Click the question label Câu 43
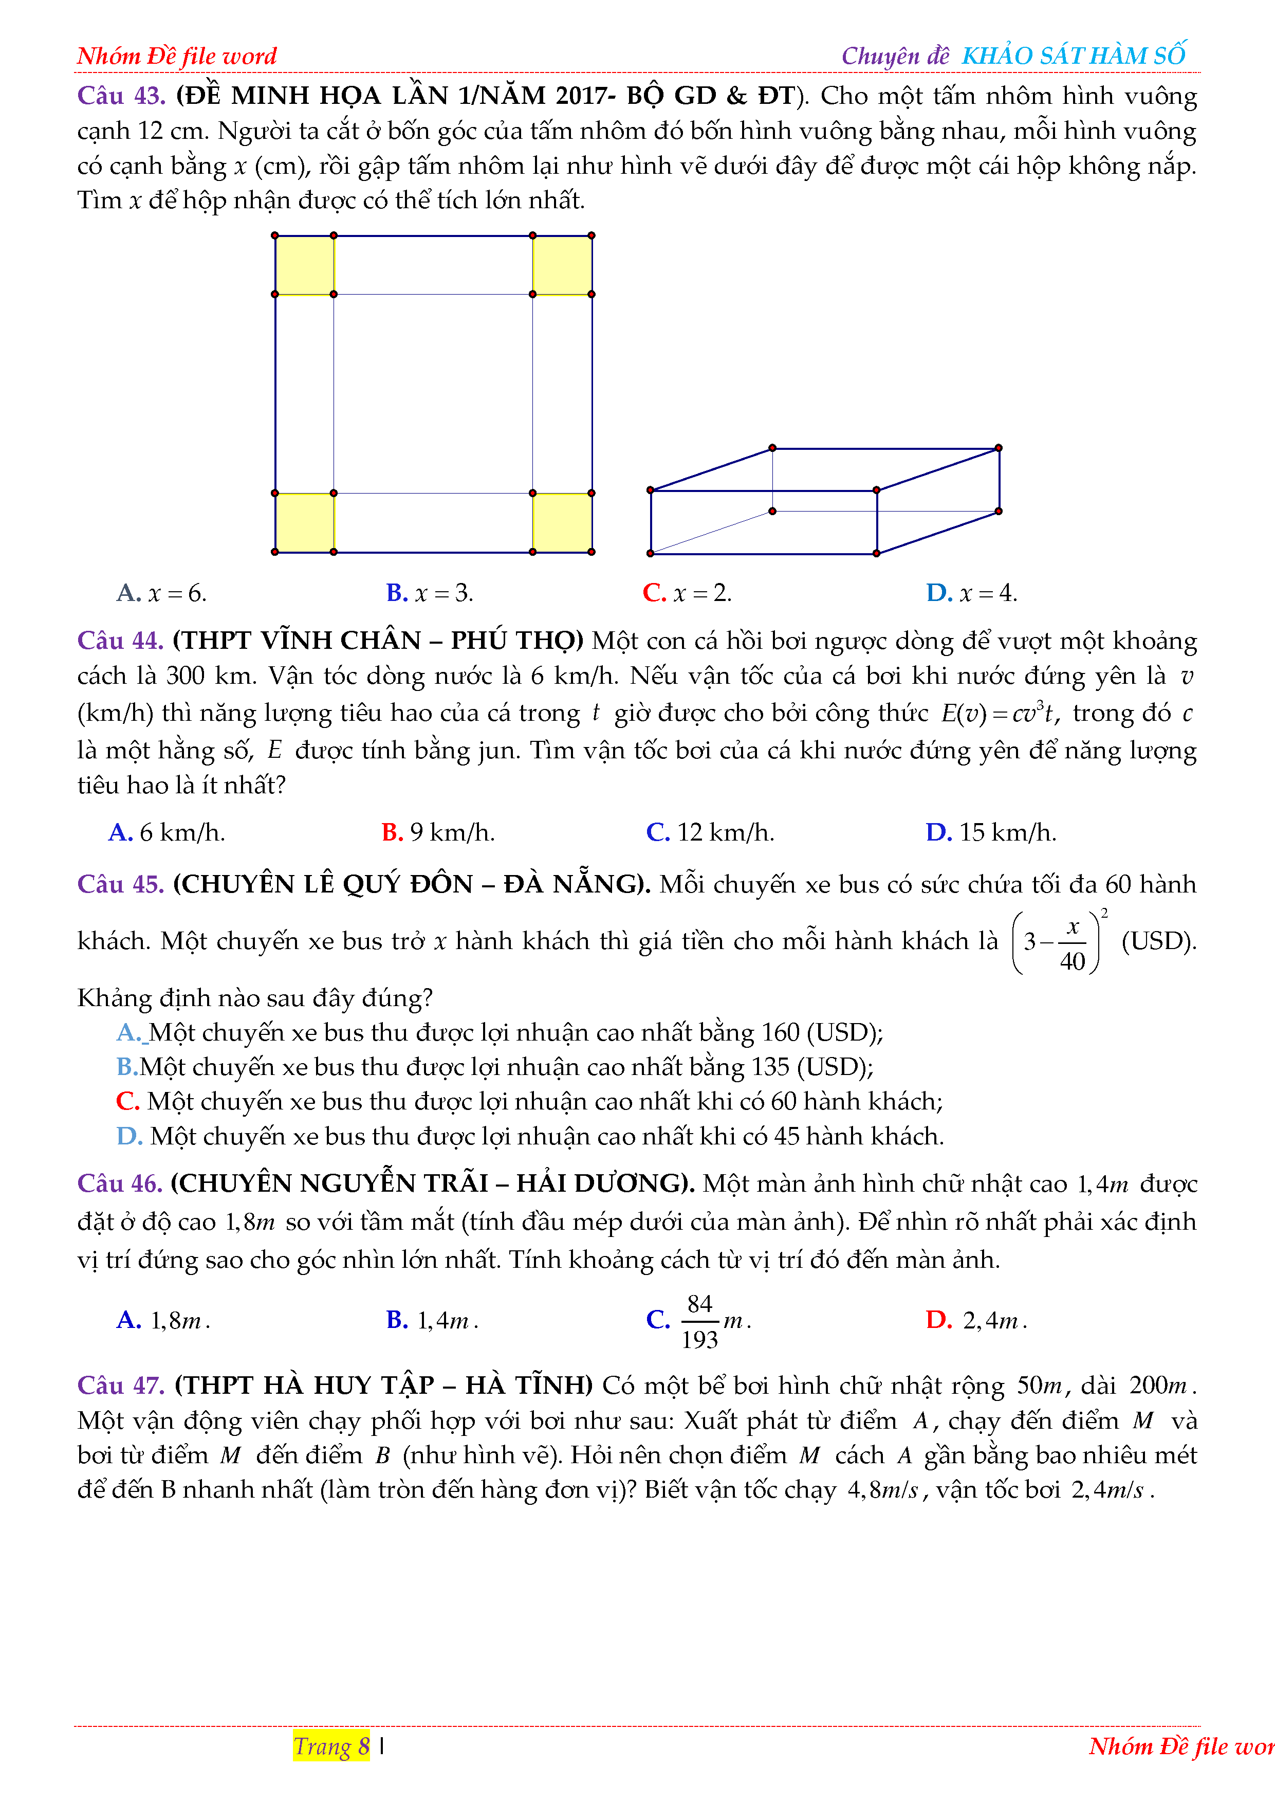(121, 96)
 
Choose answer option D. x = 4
(971, 593)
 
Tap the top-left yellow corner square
(305, 265)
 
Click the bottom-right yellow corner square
(562, 523)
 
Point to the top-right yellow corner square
(562, 265)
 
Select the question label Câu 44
(120, 641)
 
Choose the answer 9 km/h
(438, 832)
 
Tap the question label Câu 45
(120, 884)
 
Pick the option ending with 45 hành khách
(530, 1136)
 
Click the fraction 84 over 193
(699, 1322)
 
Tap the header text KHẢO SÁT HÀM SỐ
(1073, 56)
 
